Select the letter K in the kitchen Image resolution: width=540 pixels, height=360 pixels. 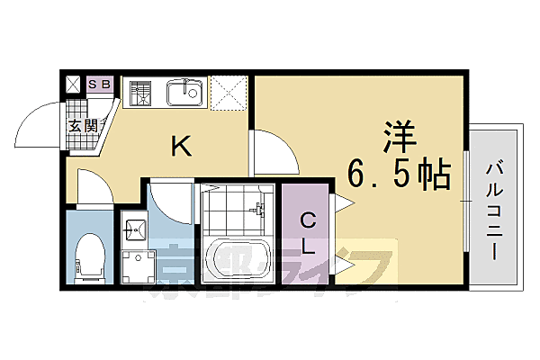coord(181,148)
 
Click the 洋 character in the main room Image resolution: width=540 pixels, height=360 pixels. coord(400,139)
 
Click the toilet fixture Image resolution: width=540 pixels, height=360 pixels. coord(89,256)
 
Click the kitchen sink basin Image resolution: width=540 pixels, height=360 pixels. coord(185,92)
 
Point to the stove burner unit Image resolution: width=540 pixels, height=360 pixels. coord(141,93)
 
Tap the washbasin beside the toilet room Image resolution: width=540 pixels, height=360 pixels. coord(134,230)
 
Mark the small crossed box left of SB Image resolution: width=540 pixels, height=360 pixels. coord(74,85)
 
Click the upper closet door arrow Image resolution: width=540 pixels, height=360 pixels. coord(342,204)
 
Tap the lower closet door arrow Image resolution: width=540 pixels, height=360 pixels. coord(342,264)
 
